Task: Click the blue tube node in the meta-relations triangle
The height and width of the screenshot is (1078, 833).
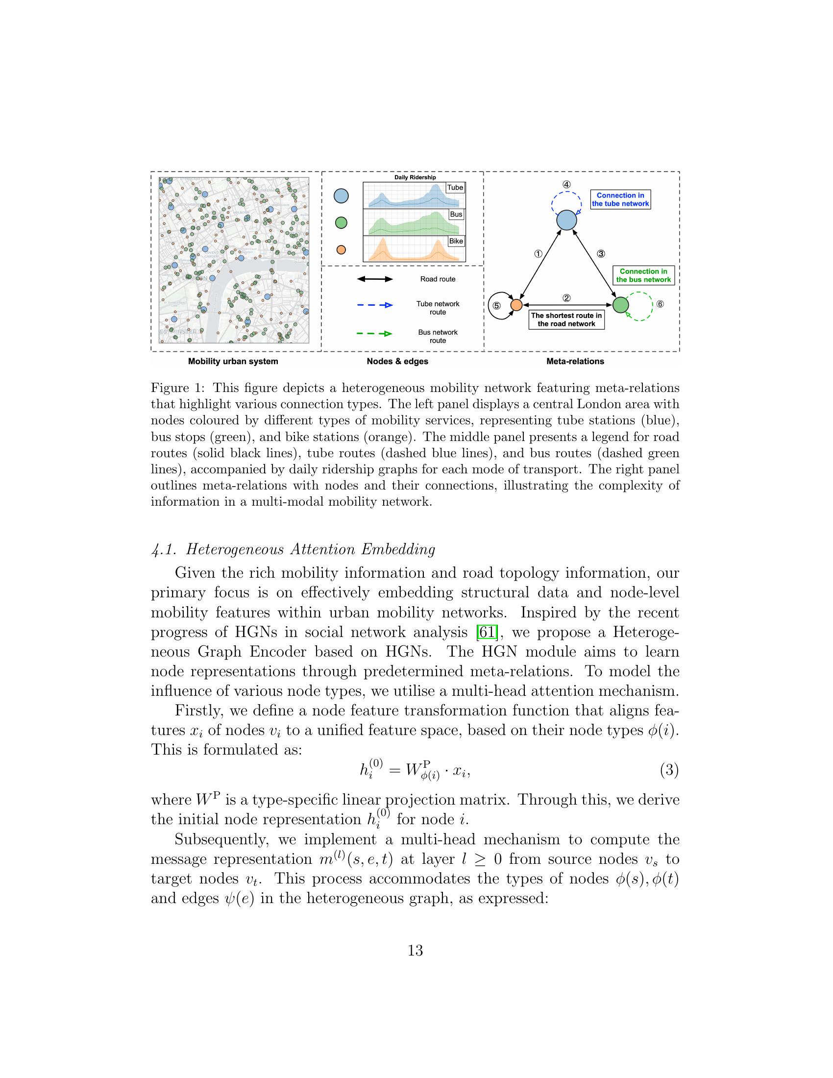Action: coord(566,220)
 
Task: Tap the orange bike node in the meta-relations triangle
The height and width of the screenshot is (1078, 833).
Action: coord(515,305)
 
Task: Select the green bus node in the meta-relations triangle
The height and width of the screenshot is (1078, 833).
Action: coord(620,305)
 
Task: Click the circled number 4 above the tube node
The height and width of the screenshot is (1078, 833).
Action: coord(566,185)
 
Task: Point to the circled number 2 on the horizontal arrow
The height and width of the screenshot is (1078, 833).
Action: coord(566,297)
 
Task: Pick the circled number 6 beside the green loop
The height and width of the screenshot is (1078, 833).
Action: coord(660,304)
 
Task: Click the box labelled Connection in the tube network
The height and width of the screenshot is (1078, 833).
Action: coord(620,199)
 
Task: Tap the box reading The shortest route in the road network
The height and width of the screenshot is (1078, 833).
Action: coord(566,320)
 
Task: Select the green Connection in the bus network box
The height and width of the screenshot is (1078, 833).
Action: coord(643,275)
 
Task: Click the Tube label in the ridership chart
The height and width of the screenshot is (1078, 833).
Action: coord(455,188)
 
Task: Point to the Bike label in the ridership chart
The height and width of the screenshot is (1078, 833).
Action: coord(456,241)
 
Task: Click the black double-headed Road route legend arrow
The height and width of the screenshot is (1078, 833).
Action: coord(374,279)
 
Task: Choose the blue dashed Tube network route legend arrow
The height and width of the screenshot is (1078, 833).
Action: coord(374,305)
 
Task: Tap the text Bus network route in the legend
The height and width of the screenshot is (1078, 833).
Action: coord(437,336)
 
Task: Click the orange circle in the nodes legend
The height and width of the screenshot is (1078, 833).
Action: coord(341,250)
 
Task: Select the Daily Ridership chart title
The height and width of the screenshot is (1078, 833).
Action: coord(415,177)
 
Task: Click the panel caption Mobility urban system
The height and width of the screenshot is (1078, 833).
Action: coord(233,361)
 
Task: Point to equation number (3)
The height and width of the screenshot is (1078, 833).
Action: coord(669,770)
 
